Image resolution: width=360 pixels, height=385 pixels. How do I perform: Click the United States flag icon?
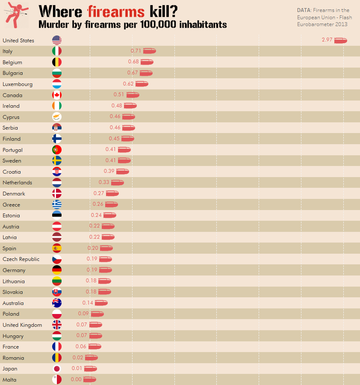coord(57,40)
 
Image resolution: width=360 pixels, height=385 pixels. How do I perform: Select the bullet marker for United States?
coord(341,40)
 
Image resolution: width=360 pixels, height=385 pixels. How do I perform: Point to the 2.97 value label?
coord(327,40)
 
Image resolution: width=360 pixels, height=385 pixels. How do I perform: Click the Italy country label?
coord(8,51)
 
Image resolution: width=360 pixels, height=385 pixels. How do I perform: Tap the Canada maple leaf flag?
coord(57,95)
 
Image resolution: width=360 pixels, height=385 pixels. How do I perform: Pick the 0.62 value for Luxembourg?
coord(128,84)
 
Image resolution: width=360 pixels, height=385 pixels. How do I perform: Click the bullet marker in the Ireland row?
coord(130,106)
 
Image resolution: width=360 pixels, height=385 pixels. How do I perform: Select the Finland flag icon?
coord(57,139)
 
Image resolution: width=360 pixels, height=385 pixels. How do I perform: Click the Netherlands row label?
coord(17,183)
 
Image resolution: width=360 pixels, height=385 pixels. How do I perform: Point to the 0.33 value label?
coord(104,182)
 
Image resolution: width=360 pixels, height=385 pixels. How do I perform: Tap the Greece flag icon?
coord(57,204)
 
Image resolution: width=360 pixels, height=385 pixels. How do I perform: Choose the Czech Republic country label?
coord(21,259)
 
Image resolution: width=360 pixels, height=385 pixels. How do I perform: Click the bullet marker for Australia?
coord(101,303)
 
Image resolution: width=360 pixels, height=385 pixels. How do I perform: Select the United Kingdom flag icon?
coord(57,325)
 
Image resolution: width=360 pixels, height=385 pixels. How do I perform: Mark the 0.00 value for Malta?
coord(76,379)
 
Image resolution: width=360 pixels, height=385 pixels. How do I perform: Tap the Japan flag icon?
coord(57,369)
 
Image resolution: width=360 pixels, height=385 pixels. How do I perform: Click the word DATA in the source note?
coord(304,10)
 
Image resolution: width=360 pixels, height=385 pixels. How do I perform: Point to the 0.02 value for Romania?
coord(78,358)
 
